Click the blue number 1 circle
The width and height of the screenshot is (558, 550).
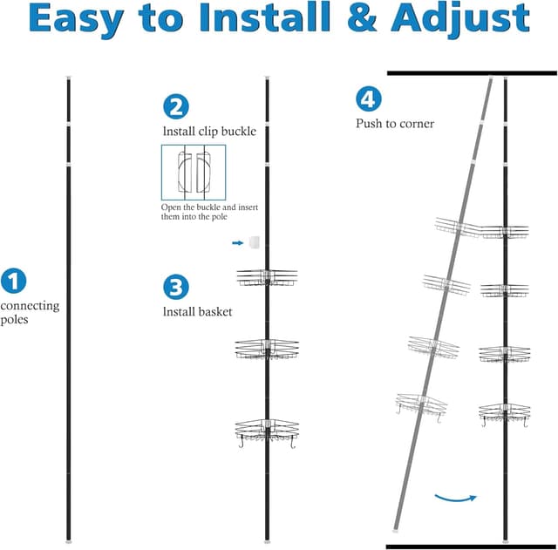tap(13, 281)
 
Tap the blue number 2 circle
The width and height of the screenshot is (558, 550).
tap(175, 106)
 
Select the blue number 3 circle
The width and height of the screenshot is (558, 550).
tap(175, 287)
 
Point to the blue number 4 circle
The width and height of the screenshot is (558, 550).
tap(368, 98)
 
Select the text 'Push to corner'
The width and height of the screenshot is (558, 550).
tap(395, 124)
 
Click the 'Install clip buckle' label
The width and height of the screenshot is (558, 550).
tap(209, 132)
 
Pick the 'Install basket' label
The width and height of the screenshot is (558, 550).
tap(197, 311)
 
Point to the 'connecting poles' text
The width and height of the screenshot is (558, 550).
tap(30, 312)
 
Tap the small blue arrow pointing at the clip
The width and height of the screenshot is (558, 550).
tap(237, 243)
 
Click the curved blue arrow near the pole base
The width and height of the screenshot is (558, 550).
tap(455, 498)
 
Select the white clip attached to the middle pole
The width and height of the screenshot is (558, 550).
tap(254, 241)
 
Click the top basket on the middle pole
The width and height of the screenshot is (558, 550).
tap(268, 277)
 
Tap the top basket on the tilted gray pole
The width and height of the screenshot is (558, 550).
tap(457, 228)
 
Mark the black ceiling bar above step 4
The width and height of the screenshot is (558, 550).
tap(472, 74)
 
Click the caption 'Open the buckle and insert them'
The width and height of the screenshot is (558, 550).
tap(209, 213)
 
